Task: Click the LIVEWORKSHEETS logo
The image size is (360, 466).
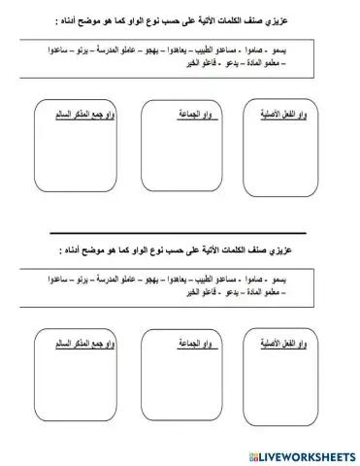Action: pyautogui.click(x=302, y=454)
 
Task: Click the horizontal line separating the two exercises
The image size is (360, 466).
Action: pyautogui.click(x=180, y=234)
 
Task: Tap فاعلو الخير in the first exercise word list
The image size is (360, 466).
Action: pyautogui.click(x=208, y=60)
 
